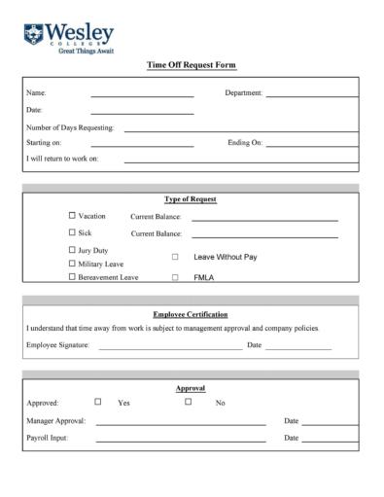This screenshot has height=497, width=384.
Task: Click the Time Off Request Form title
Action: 191,65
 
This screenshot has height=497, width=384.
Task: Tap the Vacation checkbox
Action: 72,215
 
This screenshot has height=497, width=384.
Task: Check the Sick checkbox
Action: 72,232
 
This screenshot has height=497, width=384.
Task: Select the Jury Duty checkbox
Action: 72,250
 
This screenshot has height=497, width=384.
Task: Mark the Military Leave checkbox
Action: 72,264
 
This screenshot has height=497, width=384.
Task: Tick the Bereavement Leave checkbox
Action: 72,277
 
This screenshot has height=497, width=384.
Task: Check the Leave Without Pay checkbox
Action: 175,257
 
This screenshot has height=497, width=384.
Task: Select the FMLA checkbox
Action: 175,277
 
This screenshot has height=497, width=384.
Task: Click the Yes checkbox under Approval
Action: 97,401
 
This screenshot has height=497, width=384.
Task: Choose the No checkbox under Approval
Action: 188,401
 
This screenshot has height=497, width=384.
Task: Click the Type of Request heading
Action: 191,199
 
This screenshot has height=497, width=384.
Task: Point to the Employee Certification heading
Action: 191,314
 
